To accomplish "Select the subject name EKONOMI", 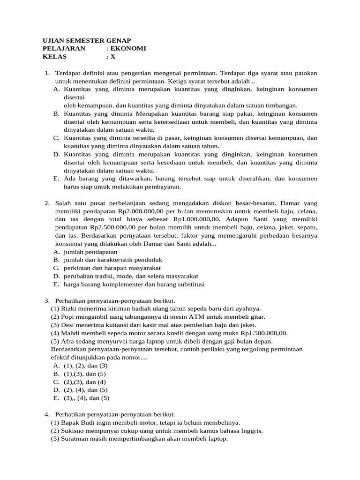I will [128, 48].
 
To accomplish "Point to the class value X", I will [112, 57].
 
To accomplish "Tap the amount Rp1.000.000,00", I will [196, 219].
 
